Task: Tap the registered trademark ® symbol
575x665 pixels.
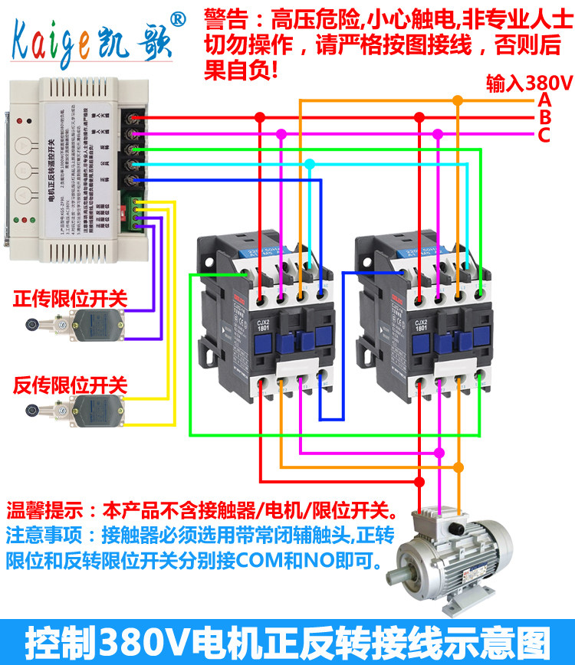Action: (176, 17)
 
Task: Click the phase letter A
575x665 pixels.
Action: (544, 100)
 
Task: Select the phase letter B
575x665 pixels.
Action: (544, 117)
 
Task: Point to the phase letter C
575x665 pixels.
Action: (544, 136)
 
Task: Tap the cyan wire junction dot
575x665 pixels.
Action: (309, 164)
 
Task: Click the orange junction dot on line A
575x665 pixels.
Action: (458, 100)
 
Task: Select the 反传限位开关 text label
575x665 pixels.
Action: (71, 385)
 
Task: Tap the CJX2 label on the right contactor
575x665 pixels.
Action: (422, 326)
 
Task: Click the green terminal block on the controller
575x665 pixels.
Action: (139, 214)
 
